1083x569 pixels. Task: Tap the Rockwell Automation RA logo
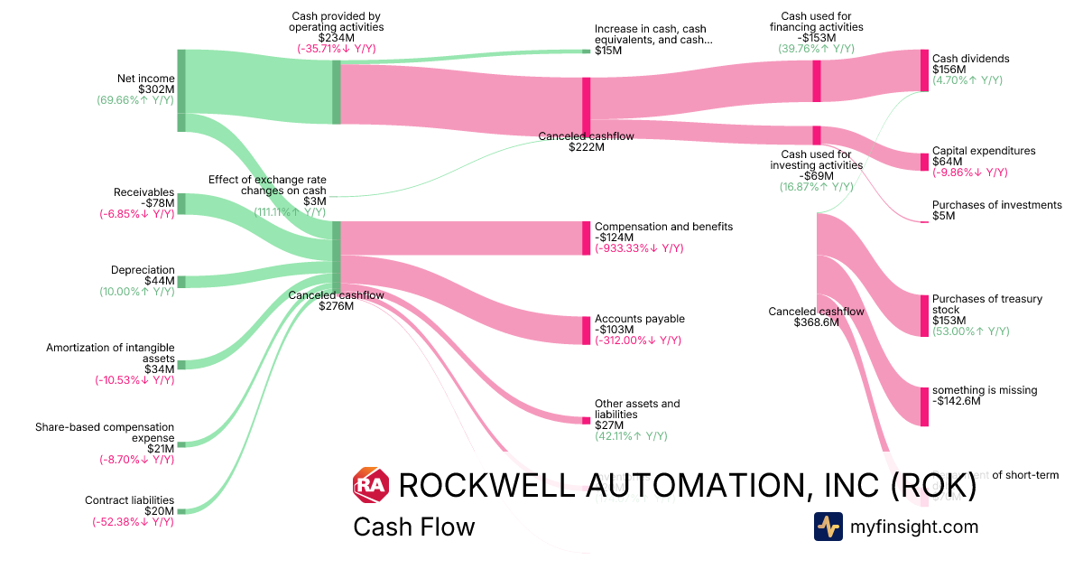tap(370, 486)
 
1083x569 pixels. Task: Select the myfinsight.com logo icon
tap(828, 527)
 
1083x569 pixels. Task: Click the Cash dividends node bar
tap(924, 70)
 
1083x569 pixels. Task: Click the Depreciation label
tap(143, 270)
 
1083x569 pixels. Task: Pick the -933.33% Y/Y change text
tap(638, 248)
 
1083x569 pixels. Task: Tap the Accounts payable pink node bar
tap(586, 331)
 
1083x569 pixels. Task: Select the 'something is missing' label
tap(985, 390)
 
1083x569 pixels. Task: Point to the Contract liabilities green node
tap(180, 511)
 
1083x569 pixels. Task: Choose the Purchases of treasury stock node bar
tap(924, 315)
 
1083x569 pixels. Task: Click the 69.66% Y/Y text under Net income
tap(135, 100)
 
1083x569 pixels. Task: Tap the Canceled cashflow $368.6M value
tap(816, 322)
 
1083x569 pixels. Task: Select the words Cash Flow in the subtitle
tap(413, 527)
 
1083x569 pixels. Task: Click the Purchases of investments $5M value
tap(943, 216)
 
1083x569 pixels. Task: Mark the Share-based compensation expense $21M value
tap(162, 449)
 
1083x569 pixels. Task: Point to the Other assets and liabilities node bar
tap(586, 420)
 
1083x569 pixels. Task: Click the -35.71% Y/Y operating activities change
tap(337, 49)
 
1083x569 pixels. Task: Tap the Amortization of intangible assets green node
tap(180, 365)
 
